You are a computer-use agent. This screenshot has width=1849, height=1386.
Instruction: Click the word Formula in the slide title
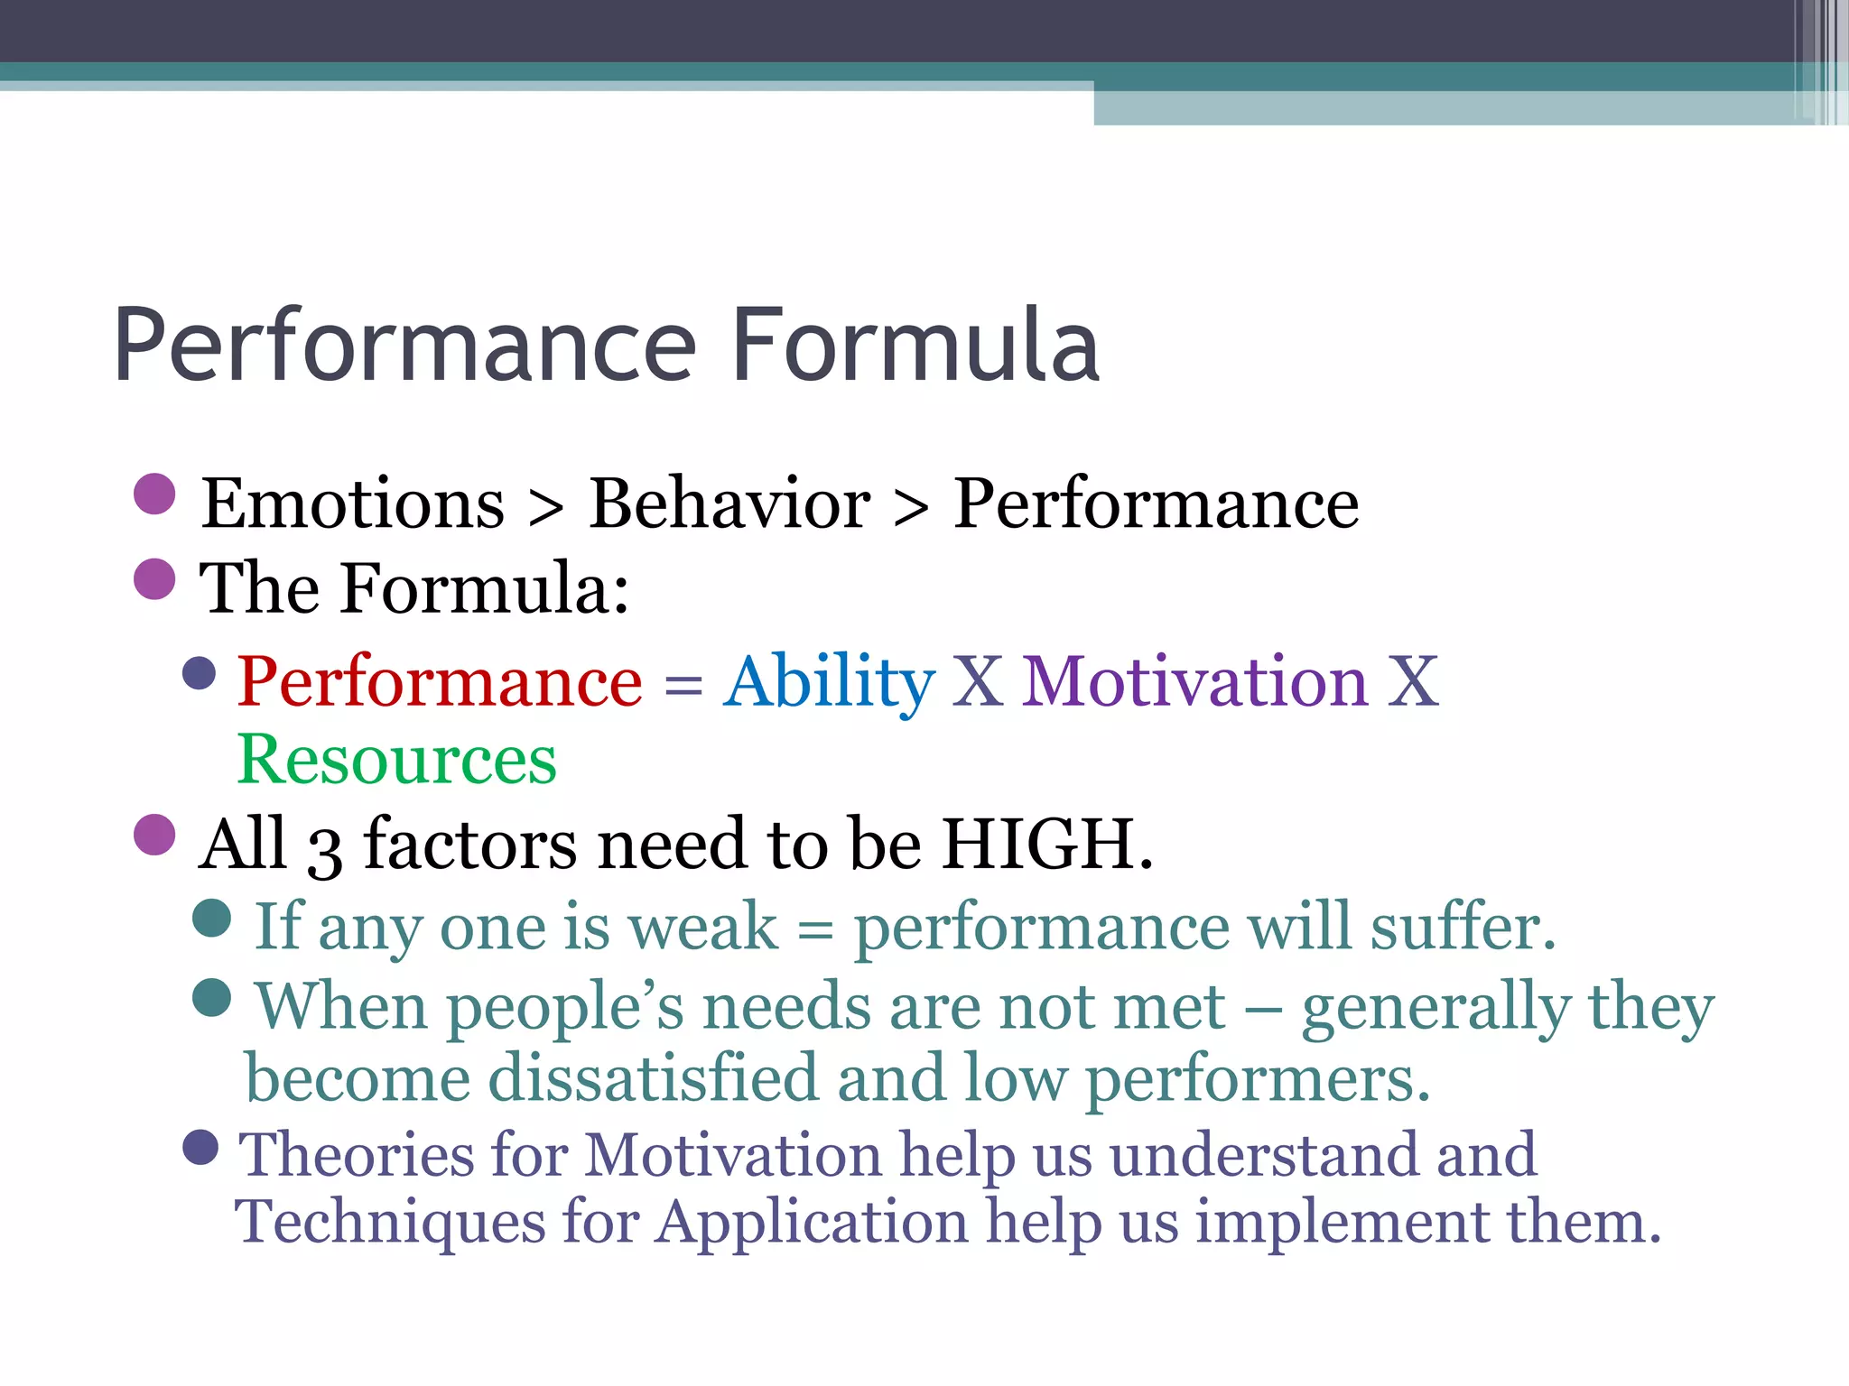915,346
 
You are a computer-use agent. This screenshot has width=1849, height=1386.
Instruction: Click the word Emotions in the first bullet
352,504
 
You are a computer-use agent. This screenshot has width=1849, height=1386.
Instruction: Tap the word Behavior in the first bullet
729,504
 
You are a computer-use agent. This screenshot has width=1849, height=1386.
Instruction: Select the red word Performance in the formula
440,681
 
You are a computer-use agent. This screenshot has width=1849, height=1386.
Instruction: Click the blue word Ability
828,681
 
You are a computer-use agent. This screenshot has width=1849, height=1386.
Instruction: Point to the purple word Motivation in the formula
1194,681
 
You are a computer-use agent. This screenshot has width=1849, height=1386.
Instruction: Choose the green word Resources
396,760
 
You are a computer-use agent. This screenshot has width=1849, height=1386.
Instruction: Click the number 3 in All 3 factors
324,851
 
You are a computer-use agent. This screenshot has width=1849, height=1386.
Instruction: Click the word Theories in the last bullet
355,1154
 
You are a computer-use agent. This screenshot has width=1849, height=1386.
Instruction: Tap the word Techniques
388,1223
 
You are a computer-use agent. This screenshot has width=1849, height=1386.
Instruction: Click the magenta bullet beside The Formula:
154,578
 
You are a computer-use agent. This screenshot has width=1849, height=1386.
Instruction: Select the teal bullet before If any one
212,918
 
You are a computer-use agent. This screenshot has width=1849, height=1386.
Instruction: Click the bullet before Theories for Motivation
200,1148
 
